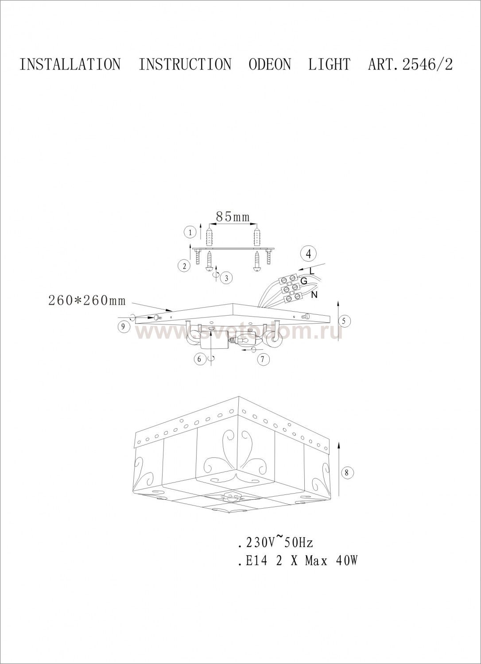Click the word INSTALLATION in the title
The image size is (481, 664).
pyautogui.click(x=70, y=64)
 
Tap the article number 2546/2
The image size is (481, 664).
pyautogui.click(x=427, y=64)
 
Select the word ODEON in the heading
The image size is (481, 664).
pyautogui.click(x=270, y=64)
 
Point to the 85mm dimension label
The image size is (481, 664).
pyautogui.click(x=233, y=217)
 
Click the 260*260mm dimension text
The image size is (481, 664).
pyautogui.click(x=87, y=301)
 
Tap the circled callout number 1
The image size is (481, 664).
pyautogui.click(x=190, y=232)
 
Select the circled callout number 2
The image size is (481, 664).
pyautogui.click(x=185, y=266)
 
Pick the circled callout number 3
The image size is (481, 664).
pyautogui.click(x=227, y=278)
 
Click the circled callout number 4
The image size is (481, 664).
pyautogui.click(x=309, y=254)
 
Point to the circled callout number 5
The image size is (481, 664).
pyautogui.click(x=344, y=321)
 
